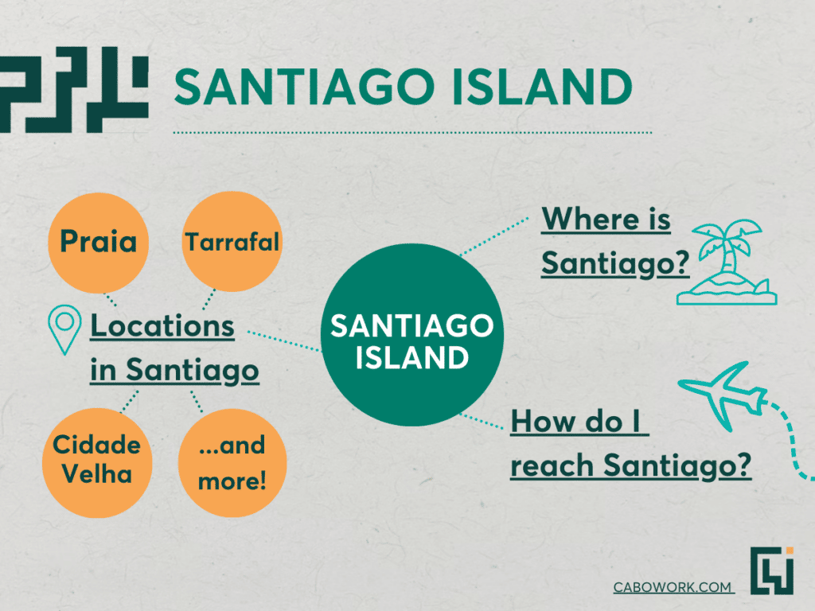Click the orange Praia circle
point(98,243)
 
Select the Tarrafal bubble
point(232,242)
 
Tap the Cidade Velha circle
point(97,462)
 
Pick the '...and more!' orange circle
point(232,463)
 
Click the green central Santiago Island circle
point(412,335)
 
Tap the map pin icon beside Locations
point(64,329)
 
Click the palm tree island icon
point(727,263)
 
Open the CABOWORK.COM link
point(673,587)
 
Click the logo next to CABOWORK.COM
point(772,570)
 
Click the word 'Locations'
point(162,326)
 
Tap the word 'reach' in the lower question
point(552,465)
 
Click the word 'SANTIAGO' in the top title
point(304,86)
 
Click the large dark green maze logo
point(74,89)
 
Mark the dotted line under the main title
point(412,133)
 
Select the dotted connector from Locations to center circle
point(284,341)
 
